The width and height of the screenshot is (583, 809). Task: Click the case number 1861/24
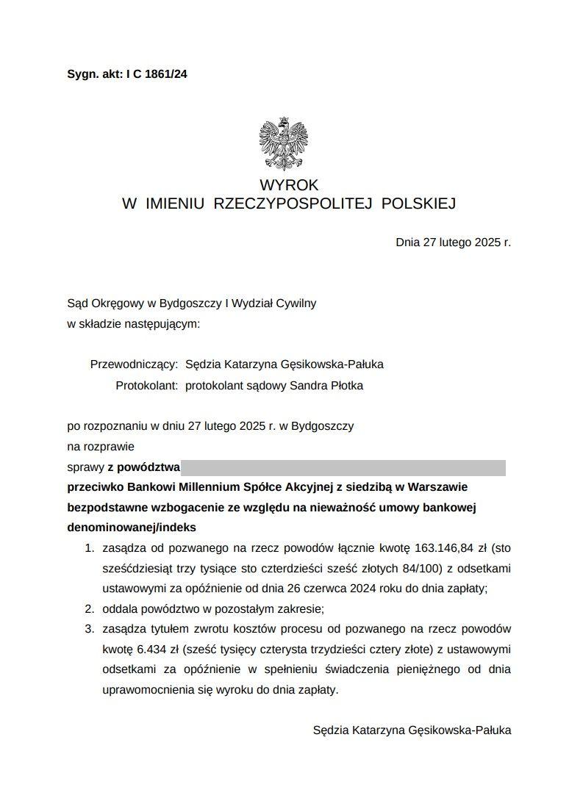[166, 73]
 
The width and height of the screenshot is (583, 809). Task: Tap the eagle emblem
[283, 144]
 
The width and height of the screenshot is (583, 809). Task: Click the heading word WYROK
[289, 185]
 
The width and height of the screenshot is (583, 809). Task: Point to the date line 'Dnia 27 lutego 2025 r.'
[453, 242]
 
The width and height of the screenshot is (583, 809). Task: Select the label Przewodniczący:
[134, 364]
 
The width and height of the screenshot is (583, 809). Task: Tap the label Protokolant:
[147, 385]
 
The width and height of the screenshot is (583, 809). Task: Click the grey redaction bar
[343, 467]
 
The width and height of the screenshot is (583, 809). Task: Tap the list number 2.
[89, 609]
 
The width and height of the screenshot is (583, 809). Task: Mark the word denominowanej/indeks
[132, 528]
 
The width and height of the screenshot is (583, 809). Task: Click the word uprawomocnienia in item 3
[145, 690]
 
